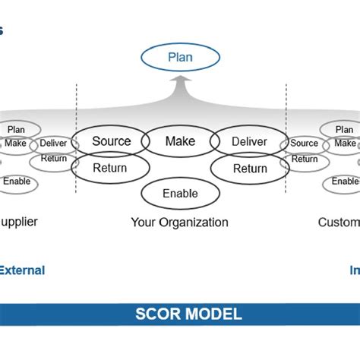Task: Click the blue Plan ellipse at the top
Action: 180,57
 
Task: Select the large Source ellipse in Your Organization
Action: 111,141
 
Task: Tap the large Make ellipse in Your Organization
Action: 180,141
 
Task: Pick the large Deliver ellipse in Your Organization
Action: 248,141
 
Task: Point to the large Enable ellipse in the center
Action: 180,194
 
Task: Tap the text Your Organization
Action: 179,223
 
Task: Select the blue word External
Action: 22,270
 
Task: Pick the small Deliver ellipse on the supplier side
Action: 53,143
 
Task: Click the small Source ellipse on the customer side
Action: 304,143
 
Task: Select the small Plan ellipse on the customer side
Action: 344,129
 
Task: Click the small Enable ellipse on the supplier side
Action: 17,182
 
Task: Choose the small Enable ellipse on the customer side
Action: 345,182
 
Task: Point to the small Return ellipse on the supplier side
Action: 53,159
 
